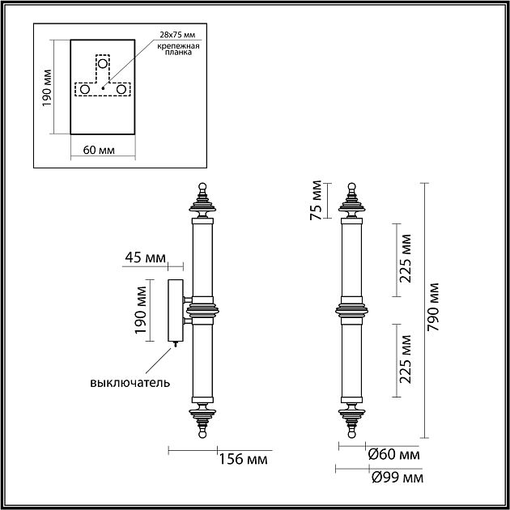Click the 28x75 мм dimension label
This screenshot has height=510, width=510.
pyautogui.click(x=178, y=35)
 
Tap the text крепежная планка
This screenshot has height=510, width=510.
pyautogui.click(x=178, y=49)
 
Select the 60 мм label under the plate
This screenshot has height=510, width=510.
pyautogui.click(x=99, y=150)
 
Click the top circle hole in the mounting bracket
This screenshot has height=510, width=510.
pyautogui.click(x=103, y=63)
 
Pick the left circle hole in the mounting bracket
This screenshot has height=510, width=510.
pyautogui.click(x=85, y=89)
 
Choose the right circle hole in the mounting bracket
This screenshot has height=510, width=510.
pyautogui.click(x=121, y=89)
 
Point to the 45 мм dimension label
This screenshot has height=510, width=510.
pyautogui.click(x=146, y=257)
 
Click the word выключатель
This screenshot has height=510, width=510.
pyautogui.click(x=130, y=382)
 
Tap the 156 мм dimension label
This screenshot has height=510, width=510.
pyautogui.click(x=244, y=459)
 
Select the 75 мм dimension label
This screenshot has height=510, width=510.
pyautogui.click(x=316, y=201)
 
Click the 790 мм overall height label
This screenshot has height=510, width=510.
pyautogui.click(x=433, y=307)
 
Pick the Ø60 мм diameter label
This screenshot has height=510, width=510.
pyautogui.click(x=393, y=454)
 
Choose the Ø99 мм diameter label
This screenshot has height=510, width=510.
pyautogui.click(x=397, y=478)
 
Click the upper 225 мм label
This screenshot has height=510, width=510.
pyautogui.click(x=406, y=258)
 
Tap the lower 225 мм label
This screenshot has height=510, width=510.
pyautogui.click(x=406, y=359)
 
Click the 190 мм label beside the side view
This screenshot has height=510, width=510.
pyautogui.click(x=141, y=309)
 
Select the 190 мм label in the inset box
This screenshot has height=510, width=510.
pyautogui.click(x=46, y=87)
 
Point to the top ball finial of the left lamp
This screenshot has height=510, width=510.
pyautogui.click(x=202, y=187)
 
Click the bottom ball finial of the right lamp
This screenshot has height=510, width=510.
pyautogui.click(x=351, y=434)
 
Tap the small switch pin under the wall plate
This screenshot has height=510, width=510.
pyautogui.click(x=176, y=344)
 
